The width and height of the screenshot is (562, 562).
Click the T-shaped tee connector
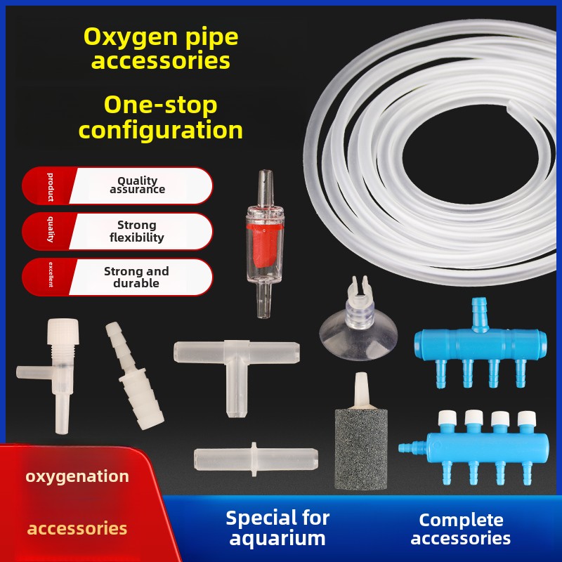click(235, 365)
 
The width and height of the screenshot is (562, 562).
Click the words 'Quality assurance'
click(137, 185)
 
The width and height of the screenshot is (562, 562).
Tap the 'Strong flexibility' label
click(137, 231)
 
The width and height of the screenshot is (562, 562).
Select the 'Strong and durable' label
click(136, 277)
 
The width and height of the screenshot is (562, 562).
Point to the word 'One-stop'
click(160, 105)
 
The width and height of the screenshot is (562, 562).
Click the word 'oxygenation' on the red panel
click(77, 476)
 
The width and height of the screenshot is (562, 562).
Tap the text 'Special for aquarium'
click(277, 528)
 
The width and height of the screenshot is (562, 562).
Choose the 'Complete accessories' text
click(461, 529)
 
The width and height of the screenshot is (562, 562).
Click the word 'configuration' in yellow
click(160, 130)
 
